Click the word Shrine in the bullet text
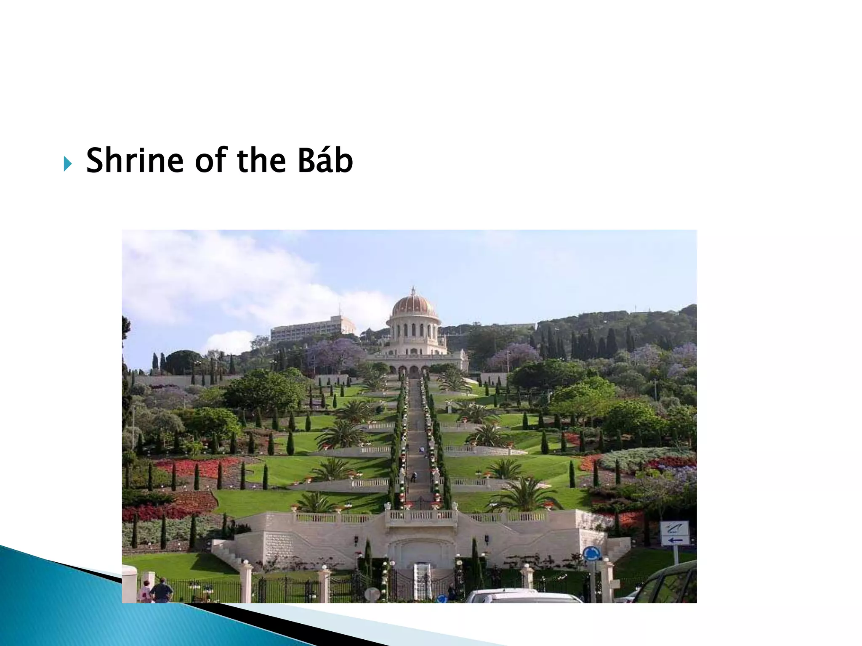pos(135,161)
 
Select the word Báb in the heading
pos(325,161)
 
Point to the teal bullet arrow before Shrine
pos(68,163)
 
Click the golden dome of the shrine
pos(414,307)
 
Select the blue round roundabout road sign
pos(591,553)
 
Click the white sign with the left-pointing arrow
pos(674,533)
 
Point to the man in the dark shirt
pos(162,590)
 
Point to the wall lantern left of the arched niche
pos(357,540)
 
